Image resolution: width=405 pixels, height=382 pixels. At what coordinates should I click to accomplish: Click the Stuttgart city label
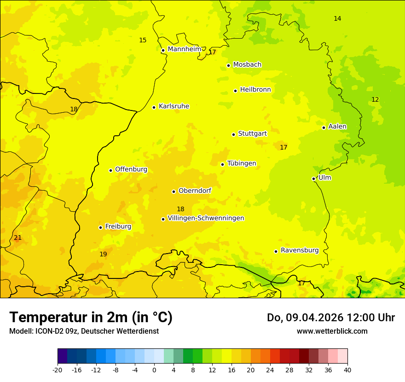[x=252, y=133]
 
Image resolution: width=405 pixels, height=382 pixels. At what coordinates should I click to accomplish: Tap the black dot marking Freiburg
[x=100, y=227]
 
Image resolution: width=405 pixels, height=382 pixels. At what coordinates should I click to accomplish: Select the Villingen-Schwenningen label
[x=206, y=218]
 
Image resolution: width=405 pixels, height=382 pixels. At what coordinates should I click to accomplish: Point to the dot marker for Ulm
[x=313, y=179]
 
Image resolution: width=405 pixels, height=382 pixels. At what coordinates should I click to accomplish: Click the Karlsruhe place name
[x=174, y=106]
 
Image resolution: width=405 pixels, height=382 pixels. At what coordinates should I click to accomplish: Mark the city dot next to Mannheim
[x=163, y=51]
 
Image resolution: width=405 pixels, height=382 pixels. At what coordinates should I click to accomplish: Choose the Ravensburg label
[x=299, y=250]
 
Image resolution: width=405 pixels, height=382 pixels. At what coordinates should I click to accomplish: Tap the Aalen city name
[x=337, y=127]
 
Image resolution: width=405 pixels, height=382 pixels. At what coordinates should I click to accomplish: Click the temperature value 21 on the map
[x=17, y=238]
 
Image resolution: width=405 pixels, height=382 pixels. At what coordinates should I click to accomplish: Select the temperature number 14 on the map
[x=337, y=18]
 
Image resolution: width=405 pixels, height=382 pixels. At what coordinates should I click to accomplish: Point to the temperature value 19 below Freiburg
[x=103, y=254]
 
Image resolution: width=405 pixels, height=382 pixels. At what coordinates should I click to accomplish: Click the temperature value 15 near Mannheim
[x=143, y=40]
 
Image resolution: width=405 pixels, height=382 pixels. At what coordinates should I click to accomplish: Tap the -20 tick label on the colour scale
[x=58, y=370]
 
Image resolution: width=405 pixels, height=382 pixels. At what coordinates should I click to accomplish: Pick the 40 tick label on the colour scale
[x=347, y=370]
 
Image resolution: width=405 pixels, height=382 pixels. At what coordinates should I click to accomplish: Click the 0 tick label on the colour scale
[x=154, y=370]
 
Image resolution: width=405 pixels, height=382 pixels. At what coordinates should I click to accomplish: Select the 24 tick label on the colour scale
[x=270, y=370]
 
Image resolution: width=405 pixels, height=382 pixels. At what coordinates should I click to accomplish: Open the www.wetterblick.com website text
[x=332, y=331]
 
